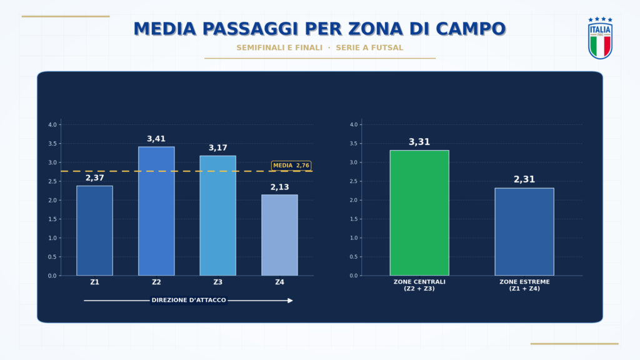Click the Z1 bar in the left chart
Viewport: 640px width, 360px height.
(x=95, y=231)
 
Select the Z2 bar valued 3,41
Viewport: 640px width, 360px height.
(x=156, y=211)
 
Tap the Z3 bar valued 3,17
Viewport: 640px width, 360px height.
(x=218, y=216)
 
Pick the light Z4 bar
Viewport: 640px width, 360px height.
(x=279, y=235)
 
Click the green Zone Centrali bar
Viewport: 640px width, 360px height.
(x=419, y=212)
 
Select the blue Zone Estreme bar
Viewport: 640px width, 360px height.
(x=524, y=232)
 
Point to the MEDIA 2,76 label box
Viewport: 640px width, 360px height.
(x=291, y=165)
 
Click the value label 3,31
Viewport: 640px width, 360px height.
(x=419, y=142)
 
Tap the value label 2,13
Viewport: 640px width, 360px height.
(x=279, y=187)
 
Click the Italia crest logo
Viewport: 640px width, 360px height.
(x=600, y=38)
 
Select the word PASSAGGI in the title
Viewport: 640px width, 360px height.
(x=251, y=29)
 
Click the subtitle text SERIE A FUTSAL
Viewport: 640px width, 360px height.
(x=369, y=47)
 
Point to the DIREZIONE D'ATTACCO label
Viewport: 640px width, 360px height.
(x=189, y=300)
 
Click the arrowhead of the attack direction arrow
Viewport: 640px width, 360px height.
(x=290, y=301)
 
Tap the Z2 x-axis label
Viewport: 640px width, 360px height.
(x=156, y=282)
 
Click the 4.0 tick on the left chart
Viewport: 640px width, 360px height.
(x=52, y=124)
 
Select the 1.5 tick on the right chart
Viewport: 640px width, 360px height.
(x=354, y=219)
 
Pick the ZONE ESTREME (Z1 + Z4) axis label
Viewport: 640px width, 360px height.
(x=524, y=285)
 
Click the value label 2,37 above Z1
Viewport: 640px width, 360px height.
(x=95, y=178)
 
